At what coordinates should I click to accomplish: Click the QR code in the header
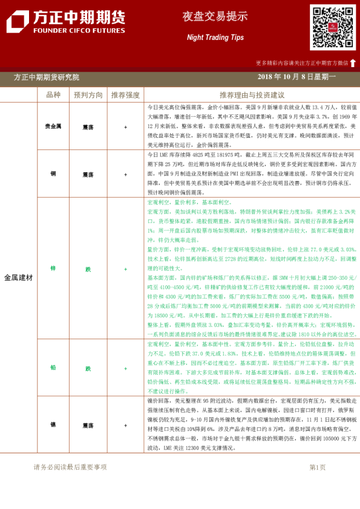[333, 27]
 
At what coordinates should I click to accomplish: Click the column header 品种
[53, 95]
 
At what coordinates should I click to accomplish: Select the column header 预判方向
[88, 95]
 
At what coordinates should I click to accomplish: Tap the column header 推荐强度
[125, 95]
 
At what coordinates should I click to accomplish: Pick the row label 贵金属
[53, 127]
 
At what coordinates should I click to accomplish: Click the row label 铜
[53, 174]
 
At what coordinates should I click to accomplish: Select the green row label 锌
[53, 268]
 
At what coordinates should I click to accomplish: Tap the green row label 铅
[53, 368]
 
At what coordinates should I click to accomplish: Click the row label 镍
[53, 425]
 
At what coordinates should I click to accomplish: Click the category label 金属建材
[19, 277]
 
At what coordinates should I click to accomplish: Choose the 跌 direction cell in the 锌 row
[88, 268]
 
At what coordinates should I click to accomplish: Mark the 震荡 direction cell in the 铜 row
[88, 174]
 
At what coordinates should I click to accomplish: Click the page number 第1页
[317, 467]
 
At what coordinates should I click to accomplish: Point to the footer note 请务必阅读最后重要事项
[70, 467]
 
